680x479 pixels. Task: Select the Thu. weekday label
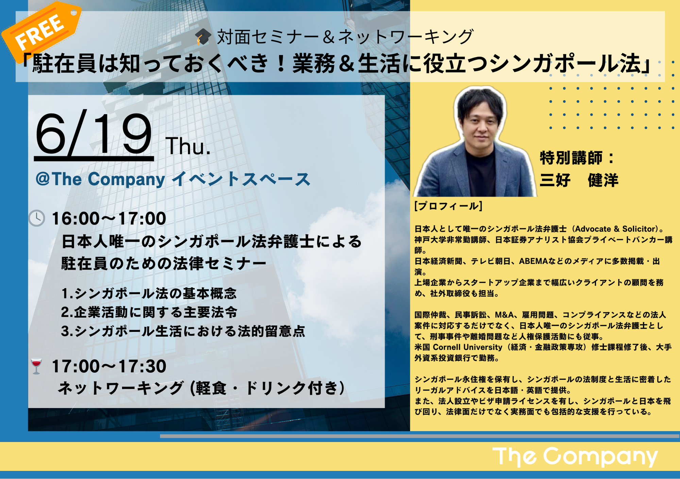(x=188, y=147)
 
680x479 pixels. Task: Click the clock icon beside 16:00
(x=37, y=218)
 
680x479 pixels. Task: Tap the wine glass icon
(x=36, y=366)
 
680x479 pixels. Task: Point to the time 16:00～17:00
(x=109, y=218)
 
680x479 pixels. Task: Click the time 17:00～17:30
(x=109, y=366)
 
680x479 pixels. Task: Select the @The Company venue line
(x=173, y=179)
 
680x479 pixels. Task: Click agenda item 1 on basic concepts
(x=149, y=293)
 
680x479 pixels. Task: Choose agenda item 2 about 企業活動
(x=149, y=312)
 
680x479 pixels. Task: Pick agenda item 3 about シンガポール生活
(x=183, y=331)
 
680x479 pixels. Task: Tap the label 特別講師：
(x=577, y=158)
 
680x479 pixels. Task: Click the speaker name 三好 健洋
(x=579, y=180)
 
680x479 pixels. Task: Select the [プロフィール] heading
(x=448, y=206)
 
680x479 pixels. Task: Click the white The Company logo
(x=575, y=457)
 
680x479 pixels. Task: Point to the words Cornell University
(x=468, y=347)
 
